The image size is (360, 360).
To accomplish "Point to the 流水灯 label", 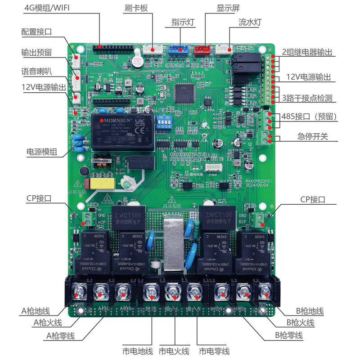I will coord(250,21).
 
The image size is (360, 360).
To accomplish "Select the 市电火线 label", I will coord(174,351).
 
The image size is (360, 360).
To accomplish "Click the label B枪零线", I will coord(289,336).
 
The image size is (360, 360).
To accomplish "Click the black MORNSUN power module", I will coord(124,131).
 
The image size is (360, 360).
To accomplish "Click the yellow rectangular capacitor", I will coord(102,184).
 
